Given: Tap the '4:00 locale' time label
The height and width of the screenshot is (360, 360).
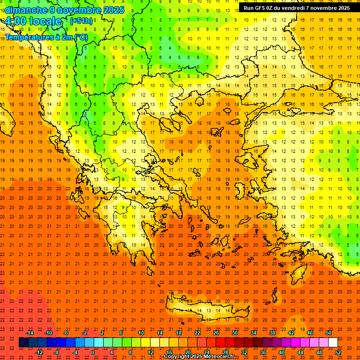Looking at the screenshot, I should tap(33, 22).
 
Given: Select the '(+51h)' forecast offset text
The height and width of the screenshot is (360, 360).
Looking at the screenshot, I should tap(81, 21).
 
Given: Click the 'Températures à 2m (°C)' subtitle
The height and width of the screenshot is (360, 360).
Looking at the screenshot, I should tap(46, 37).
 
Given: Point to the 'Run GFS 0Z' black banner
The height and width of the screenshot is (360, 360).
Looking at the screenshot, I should tap(296, 8).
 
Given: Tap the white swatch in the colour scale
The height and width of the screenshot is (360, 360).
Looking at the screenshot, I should tap(333, 343).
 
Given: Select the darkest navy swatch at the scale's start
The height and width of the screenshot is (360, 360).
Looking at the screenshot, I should tap(23, 343).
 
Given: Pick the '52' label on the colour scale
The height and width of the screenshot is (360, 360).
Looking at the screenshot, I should tap(338, 352).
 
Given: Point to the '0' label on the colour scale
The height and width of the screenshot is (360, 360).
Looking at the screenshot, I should tap(93, 352).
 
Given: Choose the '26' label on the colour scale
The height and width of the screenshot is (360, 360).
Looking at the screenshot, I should tap(216, 333).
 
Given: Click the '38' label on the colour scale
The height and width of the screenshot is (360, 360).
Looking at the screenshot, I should tap(272, 333).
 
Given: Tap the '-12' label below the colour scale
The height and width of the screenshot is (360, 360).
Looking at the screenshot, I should tap(39, 352).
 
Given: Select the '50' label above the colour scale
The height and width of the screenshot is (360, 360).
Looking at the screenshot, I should tap(328, 333).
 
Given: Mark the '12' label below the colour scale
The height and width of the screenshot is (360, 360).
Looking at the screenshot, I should tap(150, 352).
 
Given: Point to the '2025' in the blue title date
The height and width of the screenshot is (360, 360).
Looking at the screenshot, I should tap(113, 10).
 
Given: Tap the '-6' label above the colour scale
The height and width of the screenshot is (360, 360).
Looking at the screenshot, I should tap(66, 333).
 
